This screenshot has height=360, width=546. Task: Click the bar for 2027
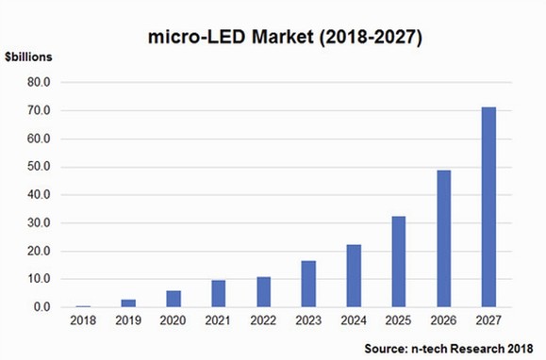488,207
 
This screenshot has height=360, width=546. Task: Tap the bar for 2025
398,262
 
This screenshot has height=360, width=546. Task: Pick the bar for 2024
353,276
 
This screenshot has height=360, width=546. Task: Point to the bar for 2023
307,284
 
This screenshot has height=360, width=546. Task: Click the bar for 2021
218,294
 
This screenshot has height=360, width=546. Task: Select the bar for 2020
173,299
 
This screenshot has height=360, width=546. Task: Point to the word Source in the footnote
389,349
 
